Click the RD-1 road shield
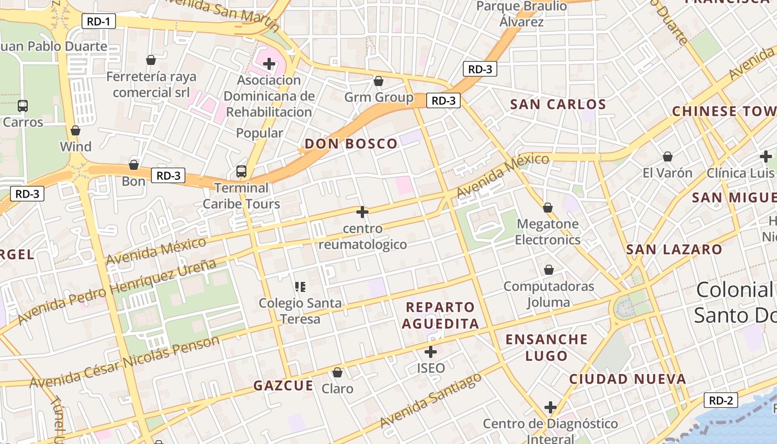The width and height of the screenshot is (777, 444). click(99, 22)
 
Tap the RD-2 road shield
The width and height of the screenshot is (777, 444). click(721, 400)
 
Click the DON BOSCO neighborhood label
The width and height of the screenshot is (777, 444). click(351, 144)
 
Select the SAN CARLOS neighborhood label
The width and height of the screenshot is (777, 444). click(558, 104)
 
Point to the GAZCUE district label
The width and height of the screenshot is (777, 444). click(283, 386)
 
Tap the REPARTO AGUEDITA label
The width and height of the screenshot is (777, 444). click(440, 316)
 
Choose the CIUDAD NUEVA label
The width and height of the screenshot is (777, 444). click(627, 380)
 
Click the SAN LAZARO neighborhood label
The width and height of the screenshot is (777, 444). click(674, 250)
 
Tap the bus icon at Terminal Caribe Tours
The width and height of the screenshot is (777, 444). click(241, 171)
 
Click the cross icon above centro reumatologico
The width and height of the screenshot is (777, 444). click(362, 211)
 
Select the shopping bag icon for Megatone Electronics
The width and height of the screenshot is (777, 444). click(548, 208)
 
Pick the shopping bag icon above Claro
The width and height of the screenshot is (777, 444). click(337, 372)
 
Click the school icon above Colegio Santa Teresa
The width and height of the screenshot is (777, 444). click(300, 287)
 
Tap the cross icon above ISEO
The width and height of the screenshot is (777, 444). click(431, 351)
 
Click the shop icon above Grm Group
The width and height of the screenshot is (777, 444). click(379, 82)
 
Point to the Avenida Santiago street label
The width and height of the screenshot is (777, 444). click(431, 401)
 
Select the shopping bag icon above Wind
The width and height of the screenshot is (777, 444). click(75, 130)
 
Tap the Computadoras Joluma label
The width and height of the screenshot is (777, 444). click(548, 294)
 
